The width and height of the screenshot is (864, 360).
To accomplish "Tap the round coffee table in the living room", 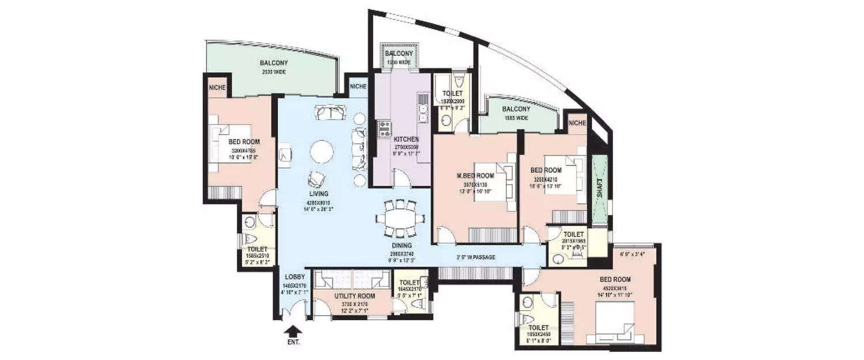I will tap(320, 153).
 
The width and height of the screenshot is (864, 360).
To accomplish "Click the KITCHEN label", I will tap(406, 139).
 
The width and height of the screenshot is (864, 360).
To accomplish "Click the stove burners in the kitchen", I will tap(384, 128).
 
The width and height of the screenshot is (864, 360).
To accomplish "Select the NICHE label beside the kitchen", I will tap(358, 87).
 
